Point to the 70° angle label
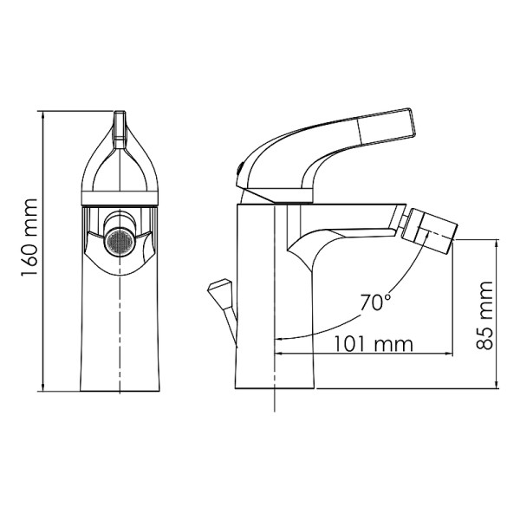376,302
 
